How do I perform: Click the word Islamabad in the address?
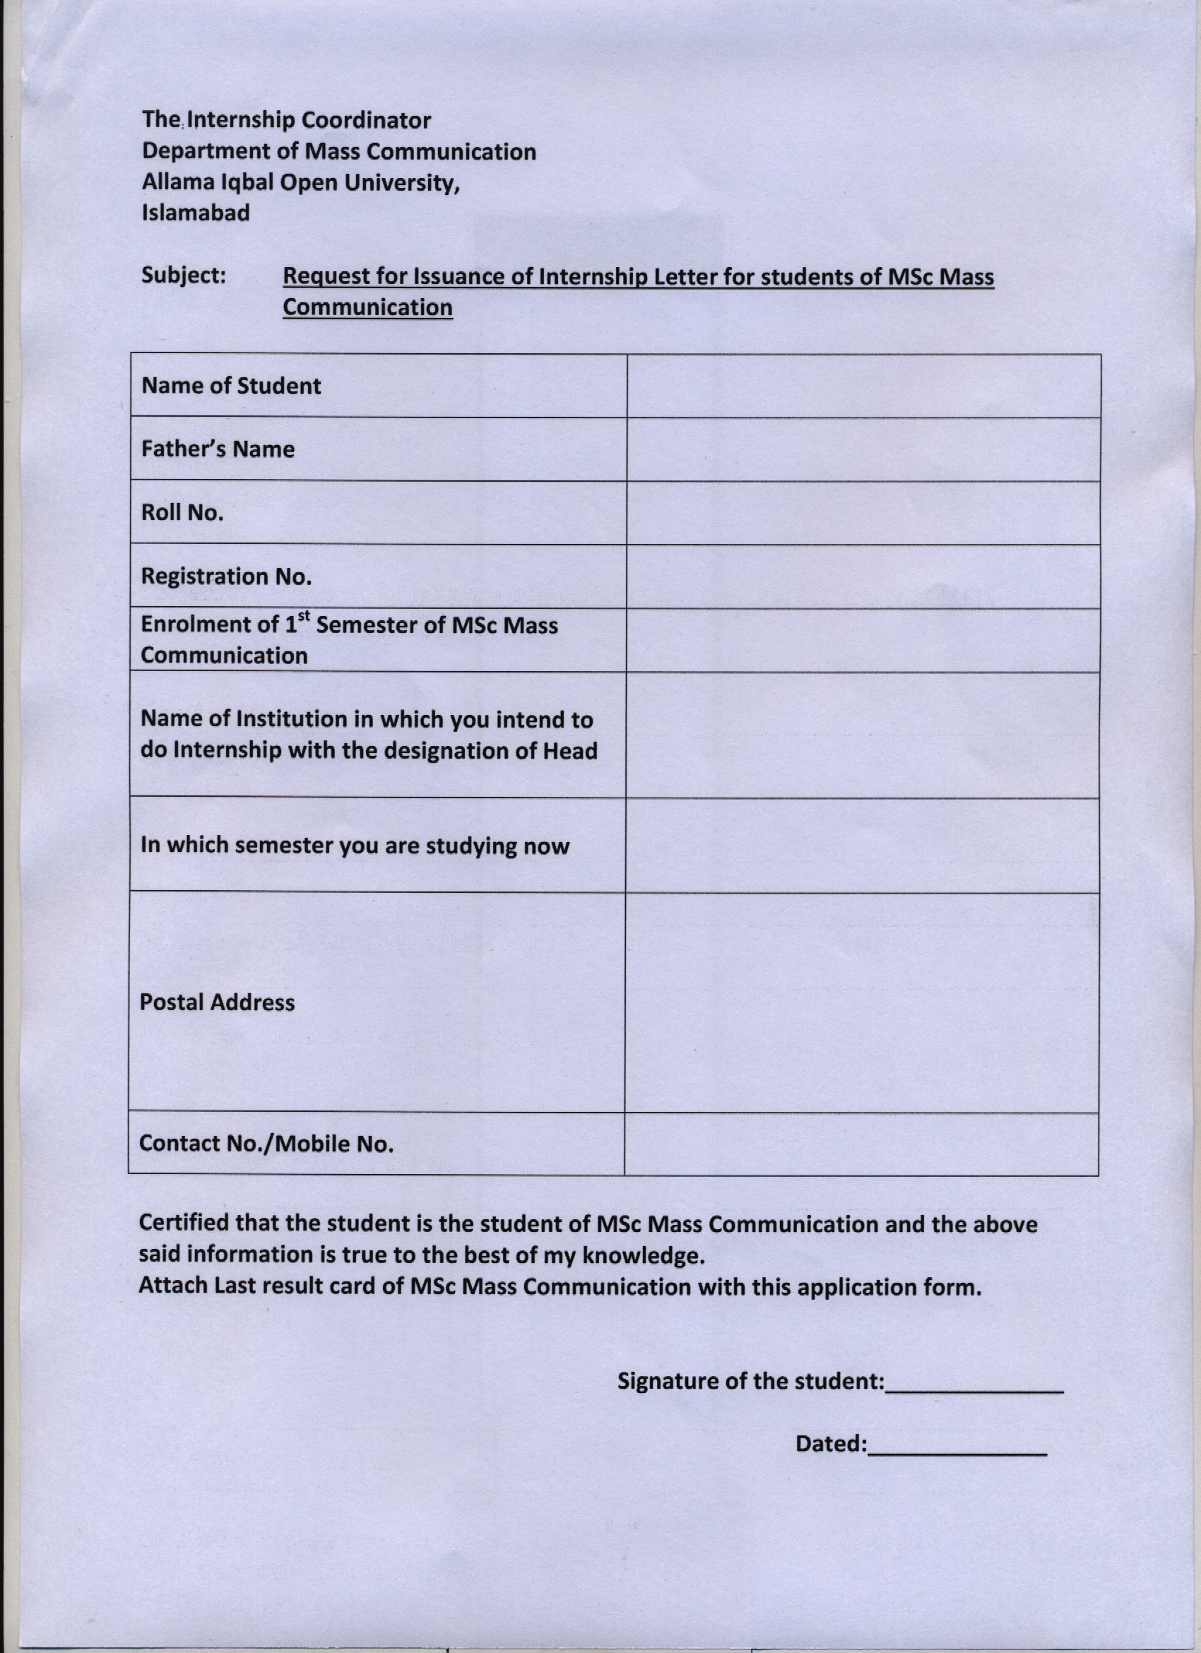(195, 213)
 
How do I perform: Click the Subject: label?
(184, 275)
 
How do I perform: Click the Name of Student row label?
(231, 386)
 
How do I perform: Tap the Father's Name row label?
(218, 449)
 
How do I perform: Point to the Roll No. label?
(182, 512)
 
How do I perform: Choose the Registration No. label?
(226, 576)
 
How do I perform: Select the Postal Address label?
(217, 1003)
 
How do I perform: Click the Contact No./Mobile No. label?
(266, 1144)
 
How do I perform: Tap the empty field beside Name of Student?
(863, 386)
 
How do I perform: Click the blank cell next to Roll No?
(863, 512)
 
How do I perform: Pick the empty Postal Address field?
(861, 1003)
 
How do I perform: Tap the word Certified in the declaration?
(184, 1223)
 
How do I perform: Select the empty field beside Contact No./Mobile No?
(861, 1144)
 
